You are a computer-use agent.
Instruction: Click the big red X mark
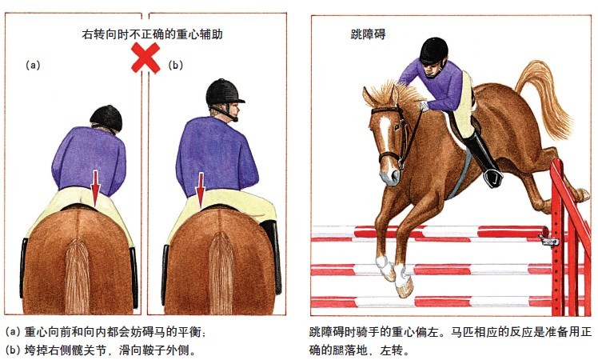(x=146, y=58)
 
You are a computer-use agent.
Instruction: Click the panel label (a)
(x=33, y=65)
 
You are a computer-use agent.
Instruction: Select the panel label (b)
(x=175, y=65)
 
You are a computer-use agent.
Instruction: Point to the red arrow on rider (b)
(x=200, y=190)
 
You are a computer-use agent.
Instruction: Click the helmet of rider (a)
(x=106, y=118)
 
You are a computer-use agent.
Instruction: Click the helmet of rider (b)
(x=224, y=94)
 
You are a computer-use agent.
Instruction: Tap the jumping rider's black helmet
(x=433, y=50)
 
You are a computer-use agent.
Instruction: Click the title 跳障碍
(x=368, y=34)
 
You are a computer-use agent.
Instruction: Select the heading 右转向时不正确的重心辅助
(x=152, y=34)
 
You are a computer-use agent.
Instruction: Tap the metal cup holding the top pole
(x=549, y=241)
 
